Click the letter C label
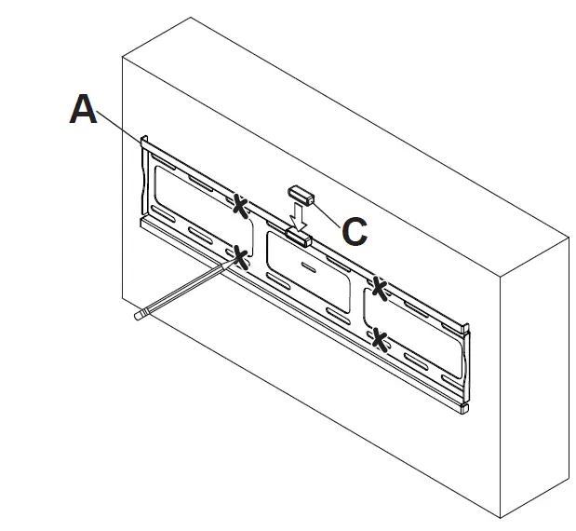coord(354,231)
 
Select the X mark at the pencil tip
coord(242,258)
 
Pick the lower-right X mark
coord(379,338)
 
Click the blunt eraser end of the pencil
coord(138,316)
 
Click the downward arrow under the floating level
coord(297,217)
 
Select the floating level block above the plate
coord(301,195)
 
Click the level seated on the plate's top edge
coord(299,237)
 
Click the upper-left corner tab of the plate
coord(144,143)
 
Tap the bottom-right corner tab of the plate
coord(462,407)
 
